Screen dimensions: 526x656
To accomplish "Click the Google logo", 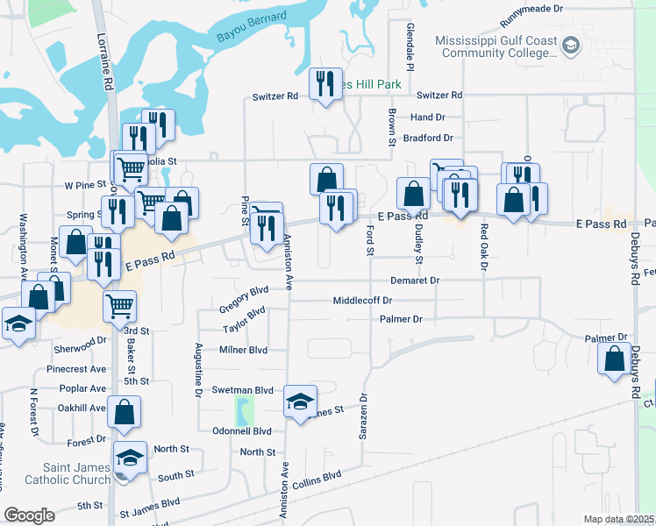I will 30,515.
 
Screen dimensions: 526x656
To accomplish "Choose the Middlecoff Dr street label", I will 362,301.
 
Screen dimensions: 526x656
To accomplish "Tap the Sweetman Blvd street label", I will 243,390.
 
